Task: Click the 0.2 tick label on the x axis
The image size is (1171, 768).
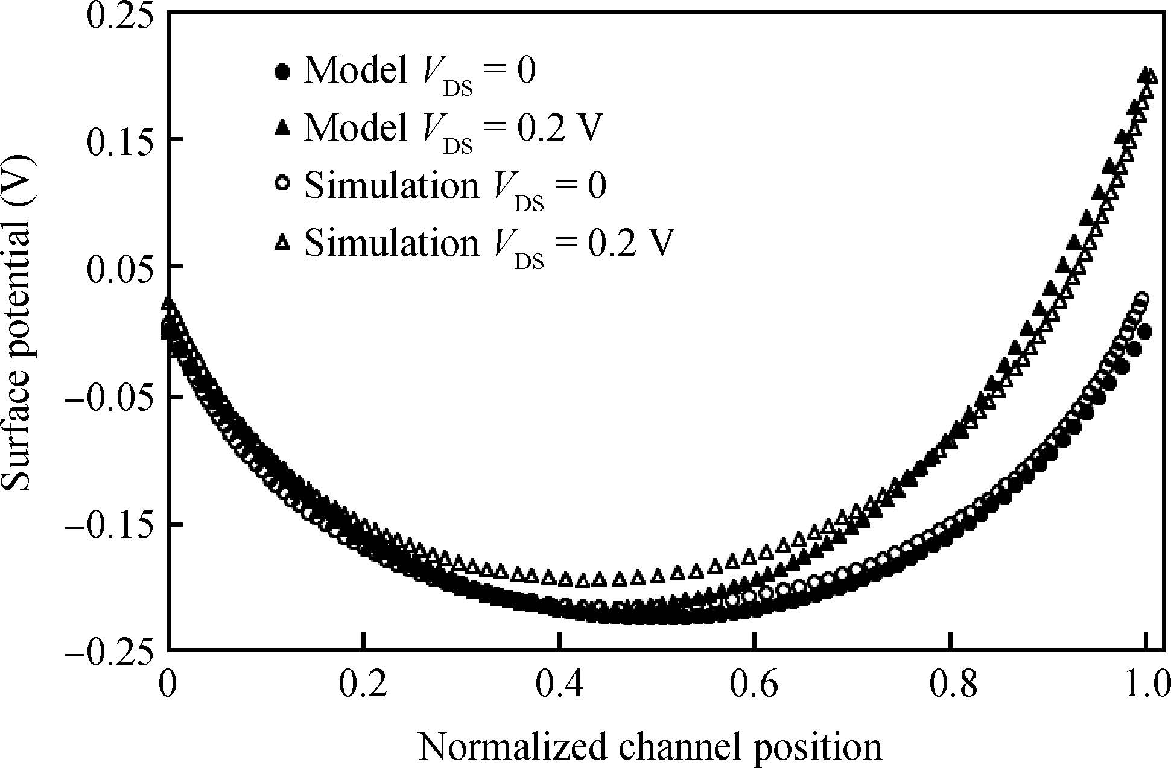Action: [362, 687]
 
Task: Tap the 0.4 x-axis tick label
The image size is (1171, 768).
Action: [559, 687]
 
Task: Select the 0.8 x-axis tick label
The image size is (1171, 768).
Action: [950, 687]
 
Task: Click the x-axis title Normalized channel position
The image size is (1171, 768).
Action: [650, 746]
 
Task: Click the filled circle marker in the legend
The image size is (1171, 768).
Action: [282, 72]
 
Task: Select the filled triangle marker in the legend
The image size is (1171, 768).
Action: [282, 127]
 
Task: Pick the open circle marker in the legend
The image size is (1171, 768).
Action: [282, 183]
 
